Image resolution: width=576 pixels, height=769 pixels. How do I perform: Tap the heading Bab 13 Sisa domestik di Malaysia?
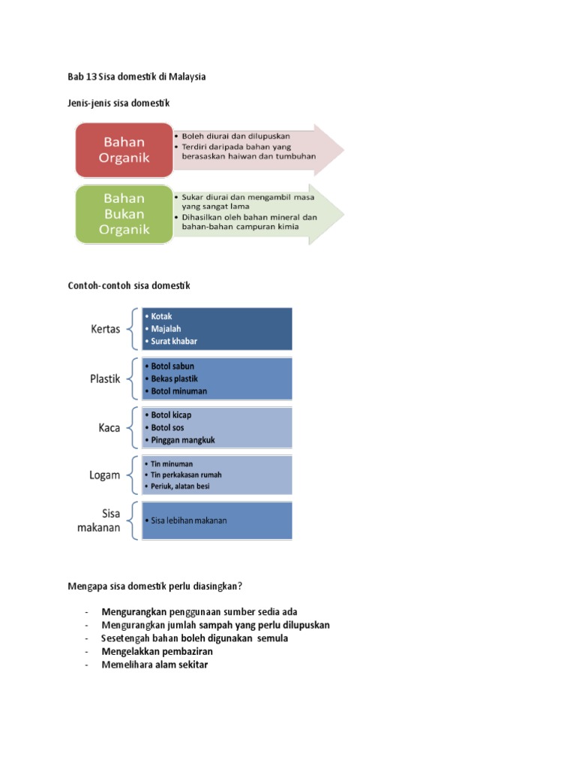pos(136,77)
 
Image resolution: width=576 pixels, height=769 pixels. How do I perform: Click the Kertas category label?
pos(106,329)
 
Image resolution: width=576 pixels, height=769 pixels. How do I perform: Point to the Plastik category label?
pos(105,379)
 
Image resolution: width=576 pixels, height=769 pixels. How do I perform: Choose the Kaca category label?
pos(109,427)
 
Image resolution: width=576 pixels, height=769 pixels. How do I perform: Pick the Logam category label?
pos(106,475)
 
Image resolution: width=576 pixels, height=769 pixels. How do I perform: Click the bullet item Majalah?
pos(166,328)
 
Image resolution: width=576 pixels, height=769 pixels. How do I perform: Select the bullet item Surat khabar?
pos(174,341)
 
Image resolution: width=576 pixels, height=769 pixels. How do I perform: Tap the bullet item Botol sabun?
pos(172,366)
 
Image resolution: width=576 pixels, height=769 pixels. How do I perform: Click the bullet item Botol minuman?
pos(178,391)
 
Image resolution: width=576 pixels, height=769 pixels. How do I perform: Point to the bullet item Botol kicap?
pos(171,415)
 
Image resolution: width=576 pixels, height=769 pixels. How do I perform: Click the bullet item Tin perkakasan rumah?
pos(186,475)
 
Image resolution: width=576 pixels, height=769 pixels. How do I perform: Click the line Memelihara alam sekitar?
pos(154,665)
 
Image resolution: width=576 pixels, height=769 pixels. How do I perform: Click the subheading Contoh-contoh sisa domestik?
pos(129,285)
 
